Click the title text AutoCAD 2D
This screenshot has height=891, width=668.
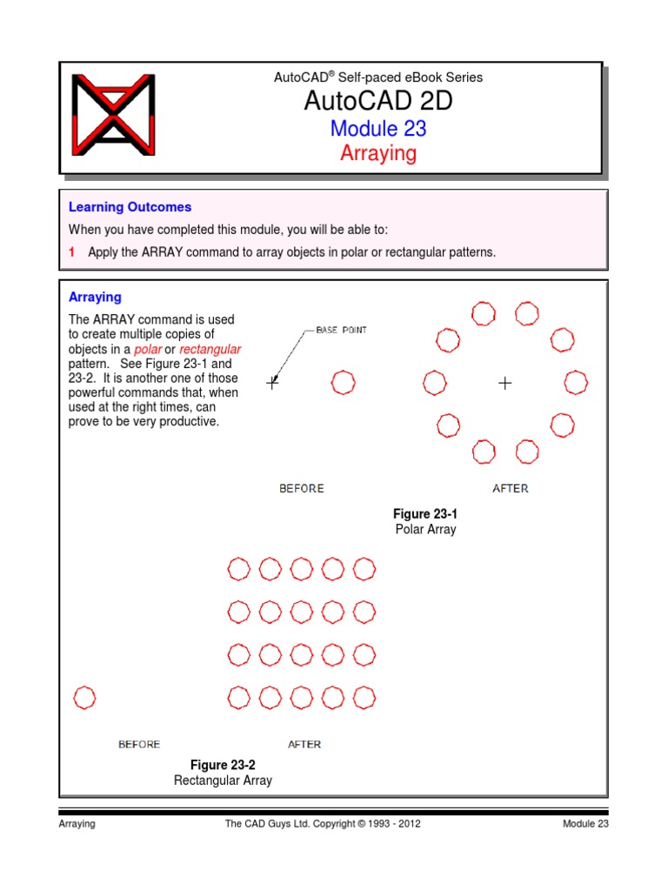[377, 102]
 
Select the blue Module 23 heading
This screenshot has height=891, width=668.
[377, 129]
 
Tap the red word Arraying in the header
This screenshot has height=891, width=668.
[377, 154]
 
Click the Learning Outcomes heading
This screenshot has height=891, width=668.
[130, 207]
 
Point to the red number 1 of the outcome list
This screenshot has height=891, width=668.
[72, 252]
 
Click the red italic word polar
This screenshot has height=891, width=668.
[148, 349]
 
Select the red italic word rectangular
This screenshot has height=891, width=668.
[210, 349]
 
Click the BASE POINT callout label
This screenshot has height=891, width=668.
[341, 331]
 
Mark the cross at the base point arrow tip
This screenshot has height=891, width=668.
[272, 382]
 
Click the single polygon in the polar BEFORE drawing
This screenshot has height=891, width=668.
[344, 381]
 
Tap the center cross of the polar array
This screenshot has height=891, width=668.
[504, 382]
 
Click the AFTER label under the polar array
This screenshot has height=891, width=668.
[510, 488]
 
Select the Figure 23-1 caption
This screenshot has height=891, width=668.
[425, 514]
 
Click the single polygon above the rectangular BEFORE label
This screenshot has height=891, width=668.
[84, 697]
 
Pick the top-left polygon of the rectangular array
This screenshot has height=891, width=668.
[238, 569]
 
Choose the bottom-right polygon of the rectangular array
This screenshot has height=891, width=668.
[364, 697]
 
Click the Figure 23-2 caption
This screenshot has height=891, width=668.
[223, 765]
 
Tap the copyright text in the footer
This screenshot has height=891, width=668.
[323, 823]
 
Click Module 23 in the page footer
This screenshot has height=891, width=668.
[584, 823]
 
